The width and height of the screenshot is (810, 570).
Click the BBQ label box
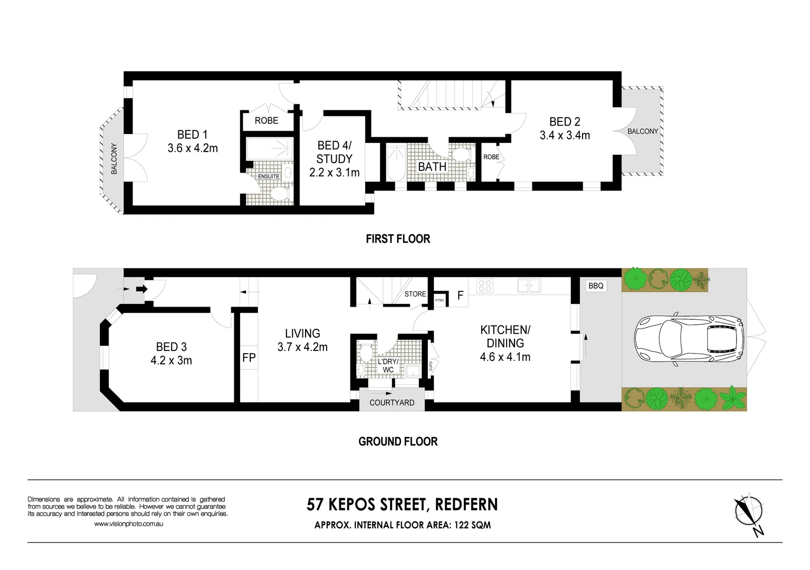pyautogui.click(x=596, y=286)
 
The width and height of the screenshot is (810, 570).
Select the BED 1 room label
pyautogui.click(x=193, y=135)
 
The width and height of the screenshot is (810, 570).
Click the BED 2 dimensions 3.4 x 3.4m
pyautogui.click(x=565, y=135)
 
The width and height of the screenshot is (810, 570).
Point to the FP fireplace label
pyautogui.click(x=249, y=358)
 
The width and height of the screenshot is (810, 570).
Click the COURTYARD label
pyautogui.click(x=392, y=403)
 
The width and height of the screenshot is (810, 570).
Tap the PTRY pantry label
pyautogui.click(x=440, y=300)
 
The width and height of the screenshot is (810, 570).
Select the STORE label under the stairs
pyautogui.click(x=415, y=294)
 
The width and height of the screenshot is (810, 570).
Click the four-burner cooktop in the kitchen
pyautogui.click(x=485, y=286)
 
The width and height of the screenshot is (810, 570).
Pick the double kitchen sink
pyautogui.click(x=529, y=286)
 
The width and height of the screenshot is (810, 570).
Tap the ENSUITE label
pyautogui.click(x=268, y=176)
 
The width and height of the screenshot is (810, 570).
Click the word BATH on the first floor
pyautogui.click(x=432, y=167)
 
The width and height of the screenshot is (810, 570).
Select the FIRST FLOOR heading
pyautogui.click(x=398, y=239)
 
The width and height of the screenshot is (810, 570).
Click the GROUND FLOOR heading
pyautogui.click(x=398, y=441)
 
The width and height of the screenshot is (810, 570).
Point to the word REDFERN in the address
pyautogui.click(x=466, y=505)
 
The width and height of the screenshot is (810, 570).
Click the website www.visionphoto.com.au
pyautogui.click(x=128, y=524)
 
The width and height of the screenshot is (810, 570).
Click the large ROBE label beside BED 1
pyautogui.click(x=266, y=120)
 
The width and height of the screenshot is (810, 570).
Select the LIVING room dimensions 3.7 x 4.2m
pyautogui.click(x=302, y=347)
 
